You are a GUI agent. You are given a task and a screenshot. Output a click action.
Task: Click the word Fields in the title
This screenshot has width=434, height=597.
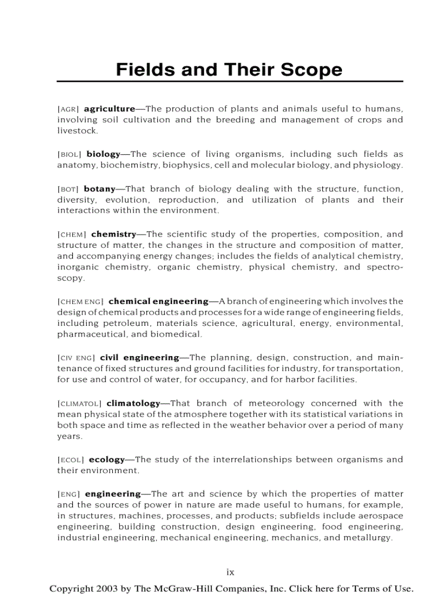[140, 70]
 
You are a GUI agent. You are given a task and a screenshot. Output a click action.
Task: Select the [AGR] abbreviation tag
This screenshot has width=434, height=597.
[68, 109]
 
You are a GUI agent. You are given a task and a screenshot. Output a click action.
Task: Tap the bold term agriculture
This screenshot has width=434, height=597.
[110, 109]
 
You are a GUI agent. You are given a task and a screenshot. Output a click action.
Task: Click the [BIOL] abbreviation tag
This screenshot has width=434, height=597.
[69, 155]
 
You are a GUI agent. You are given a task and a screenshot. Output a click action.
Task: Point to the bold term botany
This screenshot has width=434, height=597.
[99, 189]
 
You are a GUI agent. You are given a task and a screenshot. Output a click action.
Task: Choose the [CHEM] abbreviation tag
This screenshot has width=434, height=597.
[72, 234]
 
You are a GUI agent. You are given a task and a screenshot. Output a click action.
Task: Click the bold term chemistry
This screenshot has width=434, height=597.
[114, 234]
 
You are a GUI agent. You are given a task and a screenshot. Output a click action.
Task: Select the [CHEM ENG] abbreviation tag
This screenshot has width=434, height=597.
[80, 301]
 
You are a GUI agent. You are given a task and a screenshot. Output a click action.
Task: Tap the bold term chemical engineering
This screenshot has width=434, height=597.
[158, 301]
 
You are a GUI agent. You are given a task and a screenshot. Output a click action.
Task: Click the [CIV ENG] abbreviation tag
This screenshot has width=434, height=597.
[76, 358]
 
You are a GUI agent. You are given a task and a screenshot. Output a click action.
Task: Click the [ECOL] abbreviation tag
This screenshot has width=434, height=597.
[70, 460]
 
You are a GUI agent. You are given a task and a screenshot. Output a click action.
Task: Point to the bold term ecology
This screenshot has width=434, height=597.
[106, 460]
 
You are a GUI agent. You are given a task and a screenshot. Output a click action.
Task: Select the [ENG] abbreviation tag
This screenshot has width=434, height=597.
[69, 494]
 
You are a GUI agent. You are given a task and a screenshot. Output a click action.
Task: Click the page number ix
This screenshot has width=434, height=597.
[230, 573]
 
